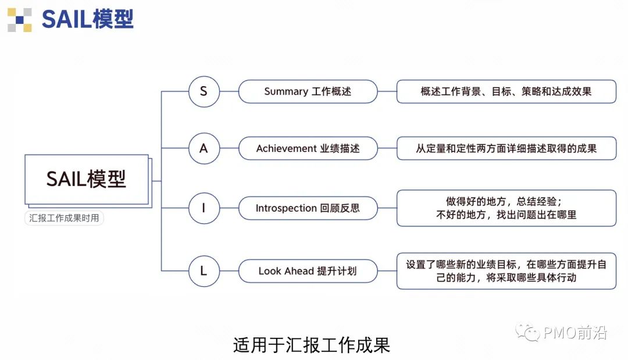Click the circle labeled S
pos(204,91)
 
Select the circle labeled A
pos(204,148)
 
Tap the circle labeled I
pos(204,208)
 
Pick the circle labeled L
pos(204,271)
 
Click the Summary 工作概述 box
pos(308,91)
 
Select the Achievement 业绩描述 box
pos(308,148)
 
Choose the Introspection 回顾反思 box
pos(308,208)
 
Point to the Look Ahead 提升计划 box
pos(308,271)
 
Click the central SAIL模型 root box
pos(87,179)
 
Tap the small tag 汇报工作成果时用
pos(65,219)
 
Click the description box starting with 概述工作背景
pos(506,91)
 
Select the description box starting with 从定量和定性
pos(506,148)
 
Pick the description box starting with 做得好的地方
pos(506,208)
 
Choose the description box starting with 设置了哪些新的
pos(506,271)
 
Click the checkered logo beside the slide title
pos(19,19)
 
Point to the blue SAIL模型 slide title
pos(87,19)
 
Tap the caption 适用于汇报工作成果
pos(311,345)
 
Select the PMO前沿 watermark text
pos(576,333)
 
